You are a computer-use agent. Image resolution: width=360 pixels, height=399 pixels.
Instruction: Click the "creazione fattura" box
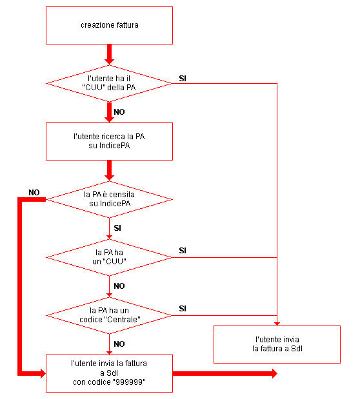(109, 25)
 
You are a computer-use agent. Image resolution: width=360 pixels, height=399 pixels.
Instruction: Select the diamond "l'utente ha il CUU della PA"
(109, 83)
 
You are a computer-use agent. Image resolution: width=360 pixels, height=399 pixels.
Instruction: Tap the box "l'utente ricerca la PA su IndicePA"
(109, 141)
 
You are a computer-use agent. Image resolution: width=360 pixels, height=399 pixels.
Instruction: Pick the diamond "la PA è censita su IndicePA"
(109, 200)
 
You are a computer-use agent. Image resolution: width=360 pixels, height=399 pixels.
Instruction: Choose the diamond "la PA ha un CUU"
(109, 258)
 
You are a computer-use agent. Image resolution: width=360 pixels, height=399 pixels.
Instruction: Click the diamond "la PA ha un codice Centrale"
(109, 316)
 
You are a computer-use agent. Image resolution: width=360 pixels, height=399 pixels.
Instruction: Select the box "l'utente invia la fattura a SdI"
(277, 344)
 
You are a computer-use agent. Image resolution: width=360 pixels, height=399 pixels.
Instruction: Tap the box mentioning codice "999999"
(109, 373)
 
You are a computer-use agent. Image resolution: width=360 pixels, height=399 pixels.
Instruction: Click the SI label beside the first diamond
(183, 79)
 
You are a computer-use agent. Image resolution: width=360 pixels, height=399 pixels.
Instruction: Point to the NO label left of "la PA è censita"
(34, 192)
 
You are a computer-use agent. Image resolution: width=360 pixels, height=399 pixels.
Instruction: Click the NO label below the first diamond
(119, 112)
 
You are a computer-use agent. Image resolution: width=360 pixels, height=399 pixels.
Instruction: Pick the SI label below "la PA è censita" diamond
(117, 228)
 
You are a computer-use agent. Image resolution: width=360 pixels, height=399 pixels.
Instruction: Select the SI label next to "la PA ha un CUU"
(183, 251)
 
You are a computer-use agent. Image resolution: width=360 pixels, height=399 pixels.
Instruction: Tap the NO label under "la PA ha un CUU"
(119, 286)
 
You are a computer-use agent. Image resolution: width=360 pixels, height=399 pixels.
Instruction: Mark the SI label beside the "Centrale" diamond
(183, 309)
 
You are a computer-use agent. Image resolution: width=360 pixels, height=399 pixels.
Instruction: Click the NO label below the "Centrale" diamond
(119, 344)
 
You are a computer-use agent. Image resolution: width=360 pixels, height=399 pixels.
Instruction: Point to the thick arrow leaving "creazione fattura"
(109, 54)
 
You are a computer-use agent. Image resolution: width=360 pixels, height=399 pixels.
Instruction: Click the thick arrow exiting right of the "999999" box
(225, 373)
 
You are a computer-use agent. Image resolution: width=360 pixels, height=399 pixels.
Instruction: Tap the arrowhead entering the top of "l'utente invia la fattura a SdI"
(277, 324)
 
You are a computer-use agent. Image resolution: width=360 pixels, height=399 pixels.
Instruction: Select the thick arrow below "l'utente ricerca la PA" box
(109, 170)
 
